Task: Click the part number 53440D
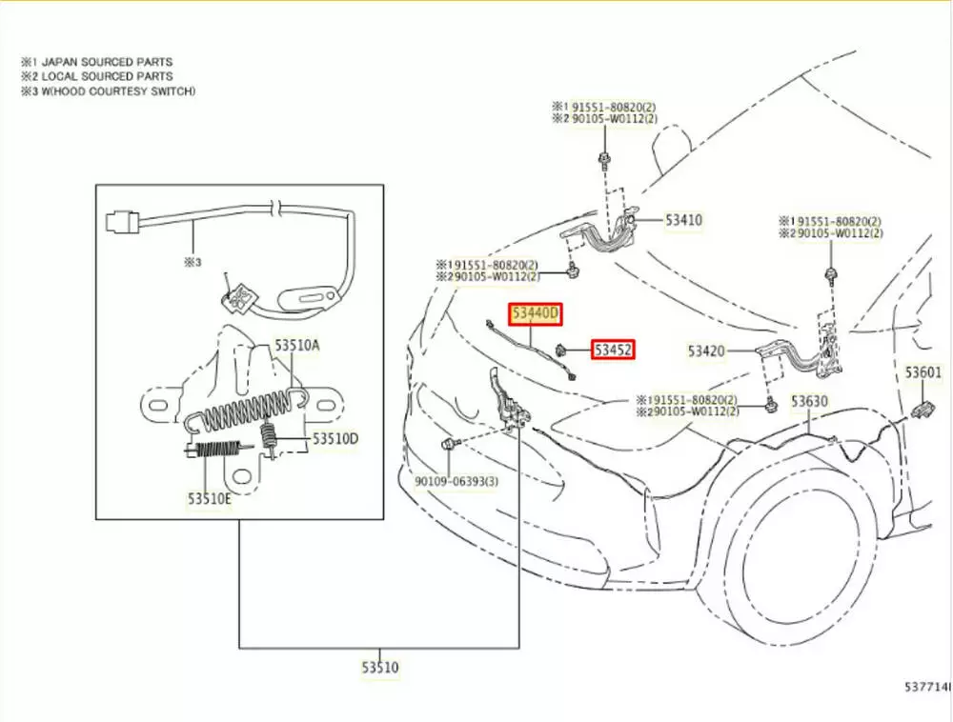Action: tap(536, 313)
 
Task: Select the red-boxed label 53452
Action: tap(614, 351)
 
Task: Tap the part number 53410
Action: tap(682, 220)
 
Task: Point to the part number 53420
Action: tap(707, 351)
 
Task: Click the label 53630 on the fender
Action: tap(809, 401)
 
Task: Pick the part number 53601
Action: tap(923, 372)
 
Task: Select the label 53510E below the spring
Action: tap(209, 498)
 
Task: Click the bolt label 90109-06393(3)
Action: tap(456, 481)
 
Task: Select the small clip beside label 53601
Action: tap(922, 411)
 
